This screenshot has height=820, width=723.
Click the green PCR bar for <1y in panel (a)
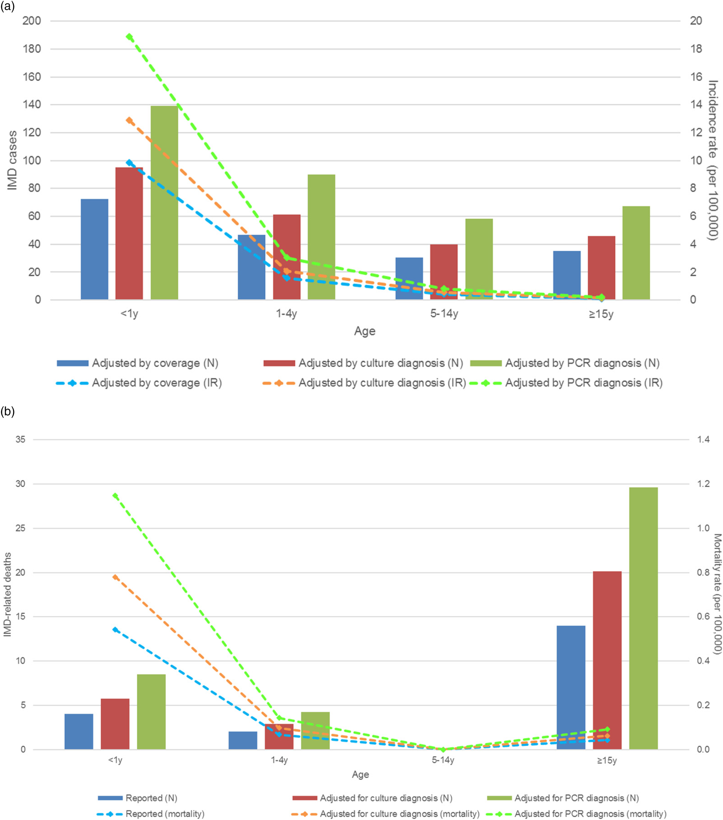click(x=164, y=203)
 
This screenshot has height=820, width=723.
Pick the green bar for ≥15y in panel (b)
click(x=643, y=618)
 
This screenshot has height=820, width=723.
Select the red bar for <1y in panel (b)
click(x=115, y=724)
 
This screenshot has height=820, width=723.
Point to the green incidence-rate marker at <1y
click(x=129, y=37)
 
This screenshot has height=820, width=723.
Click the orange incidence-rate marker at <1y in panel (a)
click(x=129, y=120)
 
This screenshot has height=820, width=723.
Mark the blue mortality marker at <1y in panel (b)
click(x=115, y=630)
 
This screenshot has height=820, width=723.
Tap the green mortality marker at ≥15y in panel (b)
click(x=607, y=729)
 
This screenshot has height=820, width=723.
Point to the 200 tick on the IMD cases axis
click(x=32, y=21)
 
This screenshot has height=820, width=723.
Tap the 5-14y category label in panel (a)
click(x=444, y=314)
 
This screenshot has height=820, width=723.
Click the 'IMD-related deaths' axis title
click(x=8, y=594)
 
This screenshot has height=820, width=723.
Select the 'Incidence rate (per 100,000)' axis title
click(x=713, y=160)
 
